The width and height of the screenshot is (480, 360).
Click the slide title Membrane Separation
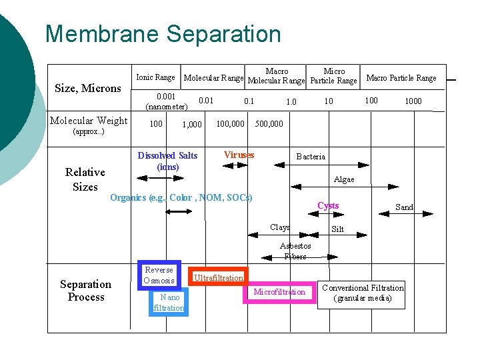pyautogui.click(x=163, y=34)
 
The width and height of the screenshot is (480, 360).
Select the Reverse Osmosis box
pyautogui.click(x=159, y=275)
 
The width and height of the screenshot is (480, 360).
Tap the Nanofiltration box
pyautogui.click(x=169, y=302)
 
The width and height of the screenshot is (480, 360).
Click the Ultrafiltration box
pyautogui.click(x=219, y=277)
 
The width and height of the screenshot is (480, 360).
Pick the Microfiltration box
pyautogui.click(x=279, y=292)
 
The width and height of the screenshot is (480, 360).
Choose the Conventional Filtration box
pyautogui.click(x=363, y=293)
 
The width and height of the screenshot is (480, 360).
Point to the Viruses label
pyautogui.click(x=239, y=155)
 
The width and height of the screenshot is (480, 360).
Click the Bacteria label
pyautogui.click(x=311, y=157)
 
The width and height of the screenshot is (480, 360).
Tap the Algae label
pyautogui.click(x=344, y=179)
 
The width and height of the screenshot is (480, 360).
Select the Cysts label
pyautogui.click(x=328, y=205)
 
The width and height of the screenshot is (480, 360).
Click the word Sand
pyautogui.click(x=405, y=207)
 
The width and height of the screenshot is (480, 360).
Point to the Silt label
pyautogui.click(x=338, y=229)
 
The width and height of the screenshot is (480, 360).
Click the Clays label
pyautogui.click(x=280, y=227)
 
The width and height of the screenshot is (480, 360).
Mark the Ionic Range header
pyautogui.click(x=155, y=77)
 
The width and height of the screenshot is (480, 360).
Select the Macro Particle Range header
pyautogui.click(x=401, y=78)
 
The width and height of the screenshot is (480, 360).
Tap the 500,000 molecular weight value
pyautogui.click(x=269, y=123)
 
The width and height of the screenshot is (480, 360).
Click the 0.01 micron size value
pyautogui.click(x=207, y=101)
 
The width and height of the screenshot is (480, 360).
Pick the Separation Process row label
pyautogui.click(x=86, y=291)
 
